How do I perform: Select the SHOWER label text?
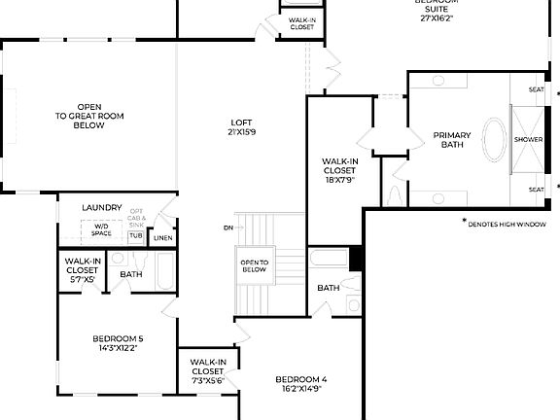(x=528, y=140)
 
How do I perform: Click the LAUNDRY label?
(x=101, y=207)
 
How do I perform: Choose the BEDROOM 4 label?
(x=300, y=382)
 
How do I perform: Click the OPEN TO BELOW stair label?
(x=254, y=265)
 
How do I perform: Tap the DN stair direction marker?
(x=227, y=227)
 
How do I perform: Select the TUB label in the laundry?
(x=135, y=236)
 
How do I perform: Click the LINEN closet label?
(x=162, y=237)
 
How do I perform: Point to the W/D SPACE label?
(x=101, y=229)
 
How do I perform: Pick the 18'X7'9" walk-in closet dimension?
(x=339, y=179)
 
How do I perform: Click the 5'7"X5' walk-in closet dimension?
(x=83, y=279)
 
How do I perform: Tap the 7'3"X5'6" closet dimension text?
(x=207, y=380)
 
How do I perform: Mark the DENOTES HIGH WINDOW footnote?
(x=506, y=224)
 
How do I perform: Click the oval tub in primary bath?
(x=495, y=139)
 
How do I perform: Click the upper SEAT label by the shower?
(x=536, y=89)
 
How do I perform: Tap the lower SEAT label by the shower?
(x=536, y=190)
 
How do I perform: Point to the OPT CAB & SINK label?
(x=136, y=218)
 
